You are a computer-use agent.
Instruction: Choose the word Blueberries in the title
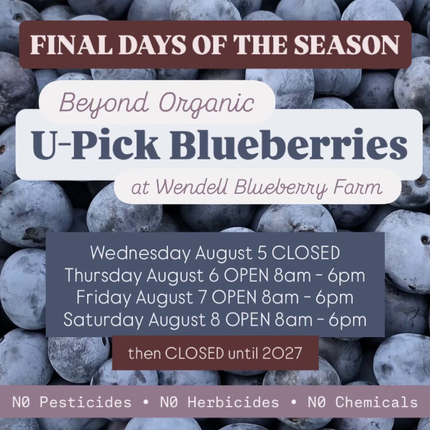click(288, 145)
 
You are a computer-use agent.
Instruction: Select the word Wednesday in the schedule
click(140, 253)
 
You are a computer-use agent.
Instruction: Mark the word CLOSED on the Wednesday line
click(306, 253)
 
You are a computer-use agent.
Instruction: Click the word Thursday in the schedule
click(103, 275)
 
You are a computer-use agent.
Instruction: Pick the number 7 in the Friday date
click(202, 297)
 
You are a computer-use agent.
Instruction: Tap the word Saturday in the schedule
click(103, 320)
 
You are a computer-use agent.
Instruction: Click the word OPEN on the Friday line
click(234, 297)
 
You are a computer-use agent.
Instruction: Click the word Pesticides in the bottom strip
click(85, 402)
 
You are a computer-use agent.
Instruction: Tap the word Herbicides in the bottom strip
click(233, 402)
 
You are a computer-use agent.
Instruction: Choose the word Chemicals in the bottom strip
click(377, 402)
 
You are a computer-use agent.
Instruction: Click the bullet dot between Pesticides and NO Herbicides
click(146, 402)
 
